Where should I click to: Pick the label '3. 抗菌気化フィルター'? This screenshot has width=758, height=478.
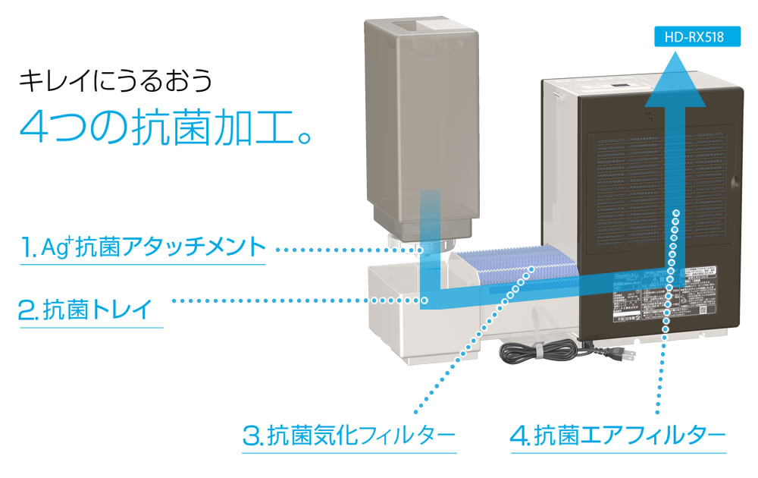(x=349, y=436)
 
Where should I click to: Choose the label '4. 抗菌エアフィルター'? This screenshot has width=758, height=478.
(x=618, y=436)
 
